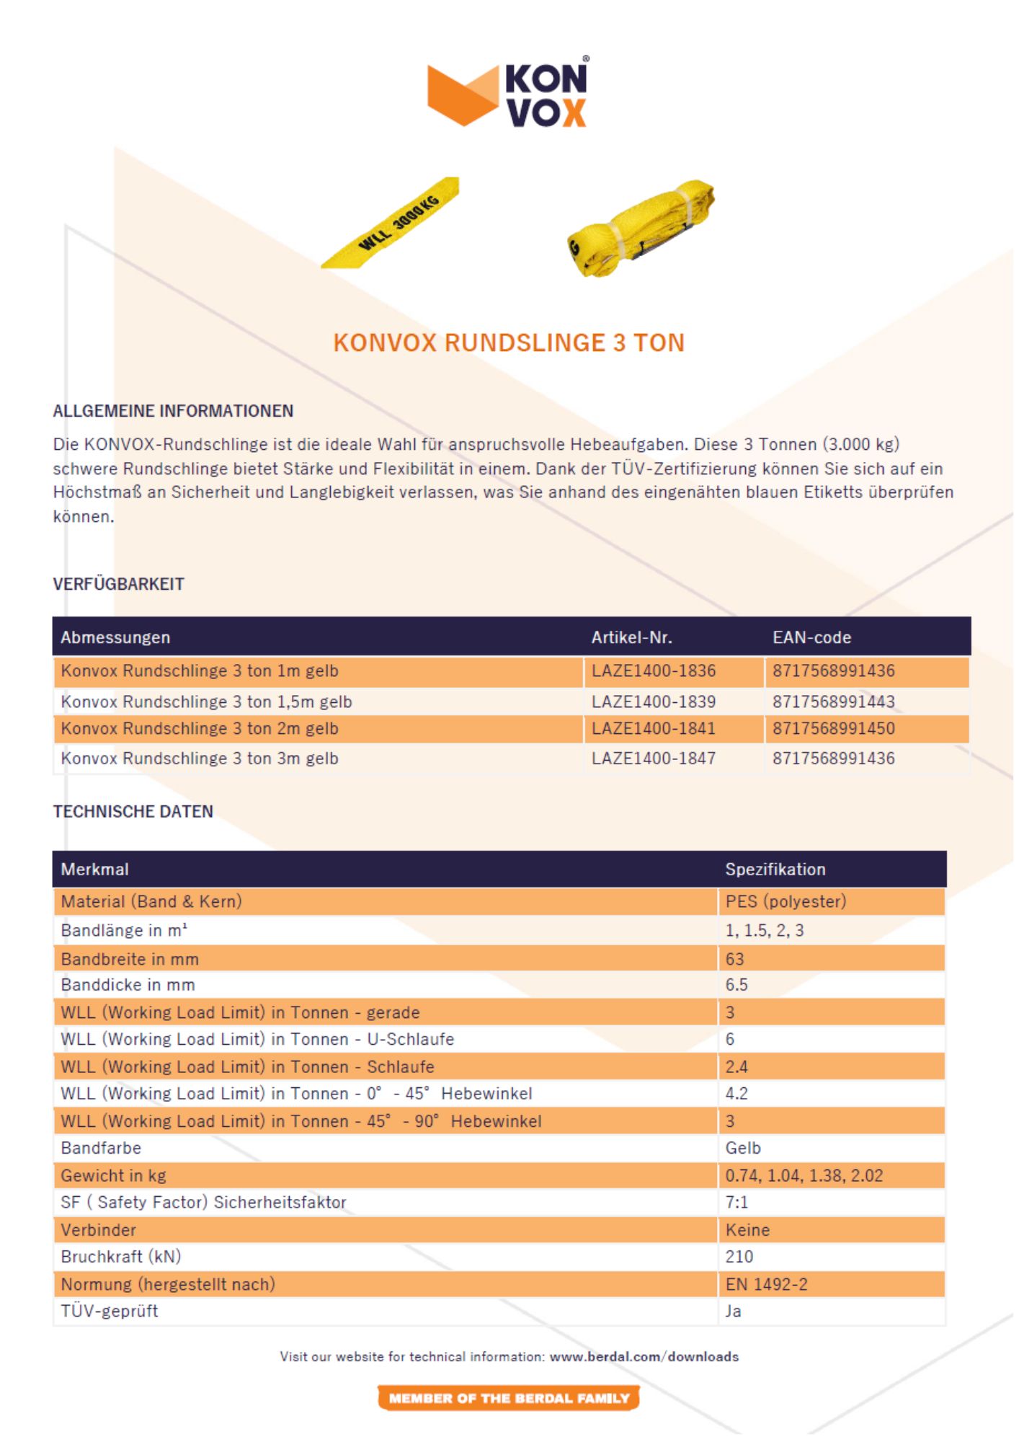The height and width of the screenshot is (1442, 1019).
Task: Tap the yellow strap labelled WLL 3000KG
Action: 391,223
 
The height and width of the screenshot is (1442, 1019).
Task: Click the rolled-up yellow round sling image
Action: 641,228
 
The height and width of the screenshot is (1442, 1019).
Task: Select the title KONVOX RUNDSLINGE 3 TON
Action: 509,342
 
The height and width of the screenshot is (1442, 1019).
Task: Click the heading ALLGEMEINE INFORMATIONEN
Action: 173,411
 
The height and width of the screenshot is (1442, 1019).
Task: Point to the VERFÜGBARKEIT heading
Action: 118,584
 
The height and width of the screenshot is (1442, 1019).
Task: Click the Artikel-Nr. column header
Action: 631,637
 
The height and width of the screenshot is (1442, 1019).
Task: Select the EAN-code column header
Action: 811,637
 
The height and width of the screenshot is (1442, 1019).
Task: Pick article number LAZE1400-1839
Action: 654,702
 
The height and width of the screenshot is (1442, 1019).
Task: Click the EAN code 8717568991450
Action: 834,729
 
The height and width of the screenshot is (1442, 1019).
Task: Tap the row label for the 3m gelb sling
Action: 200,758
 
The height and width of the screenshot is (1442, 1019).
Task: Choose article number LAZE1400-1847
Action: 654,758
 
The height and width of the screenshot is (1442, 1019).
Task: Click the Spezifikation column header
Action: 775,870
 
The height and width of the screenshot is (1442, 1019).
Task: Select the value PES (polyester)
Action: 786,901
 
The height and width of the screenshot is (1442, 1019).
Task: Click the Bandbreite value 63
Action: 735,959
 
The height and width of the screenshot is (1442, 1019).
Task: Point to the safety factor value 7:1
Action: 737,1202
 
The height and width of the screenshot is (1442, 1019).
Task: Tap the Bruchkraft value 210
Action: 739,1257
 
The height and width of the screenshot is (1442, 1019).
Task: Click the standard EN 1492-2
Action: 767,1284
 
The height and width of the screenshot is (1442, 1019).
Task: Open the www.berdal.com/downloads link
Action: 644,1356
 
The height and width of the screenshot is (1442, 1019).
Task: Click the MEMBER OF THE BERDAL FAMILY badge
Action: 509,1398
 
